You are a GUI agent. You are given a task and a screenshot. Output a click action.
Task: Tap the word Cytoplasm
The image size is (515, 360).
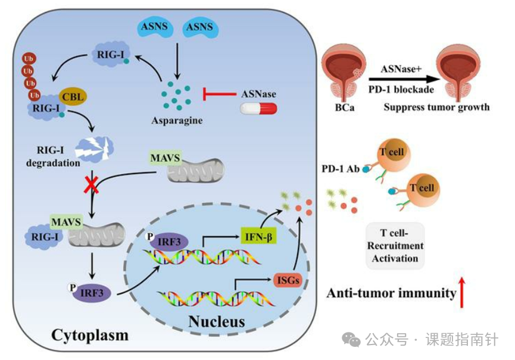(89, 335)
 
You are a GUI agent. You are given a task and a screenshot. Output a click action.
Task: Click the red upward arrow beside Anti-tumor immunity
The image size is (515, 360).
(462, 291)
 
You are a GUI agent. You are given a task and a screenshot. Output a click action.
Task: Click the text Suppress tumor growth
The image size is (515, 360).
(436, 107)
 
